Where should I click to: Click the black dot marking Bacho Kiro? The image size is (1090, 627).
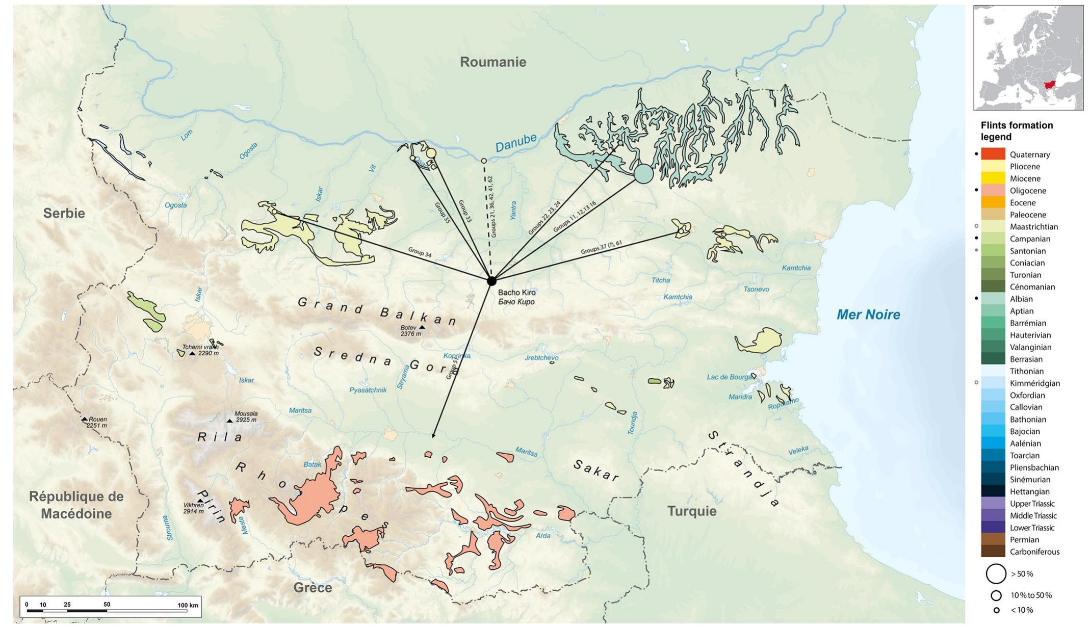pos(491,281)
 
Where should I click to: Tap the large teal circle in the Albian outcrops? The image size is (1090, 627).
pos(643,173)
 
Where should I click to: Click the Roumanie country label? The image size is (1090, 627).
pos(492,62)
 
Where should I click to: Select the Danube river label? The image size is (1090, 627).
pos(516,142)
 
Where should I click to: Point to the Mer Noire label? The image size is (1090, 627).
pos(868,315)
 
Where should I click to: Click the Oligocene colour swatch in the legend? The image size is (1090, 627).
pos(993,191)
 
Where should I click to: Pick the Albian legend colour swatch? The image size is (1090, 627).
pos(993,299)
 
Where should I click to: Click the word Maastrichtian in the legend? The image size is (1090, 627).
pos(1033,227)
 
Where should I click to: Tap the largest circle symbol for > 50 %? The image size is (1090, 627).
pos(996,573)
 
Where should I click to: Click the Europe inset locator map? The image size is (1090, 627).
pos(1028,58)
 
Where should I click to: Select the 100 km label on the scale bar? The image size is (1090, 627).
pos(188,605)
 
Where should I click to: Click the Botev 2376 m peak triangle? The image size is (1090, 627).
pos(422,327)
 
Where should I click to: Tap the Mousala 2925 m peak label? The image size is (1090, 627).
pos(246,417)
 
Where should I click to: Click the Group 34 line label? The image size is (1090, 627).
pos(420,252)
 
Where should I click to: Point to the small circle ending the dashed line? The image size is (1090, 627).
pos(484,161)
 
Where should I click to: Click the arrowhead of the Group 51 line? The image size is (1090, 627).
pos(433,436)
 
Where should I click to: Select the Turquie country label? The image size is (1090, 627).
pos(691,511)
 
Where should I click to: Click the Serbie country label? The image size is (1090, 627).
pos(64,213)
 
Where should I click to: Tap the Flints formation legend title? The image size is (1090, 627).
pos(1016,131)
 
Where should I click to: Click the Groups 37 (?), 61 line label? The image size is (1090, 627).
pos(601,247)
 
